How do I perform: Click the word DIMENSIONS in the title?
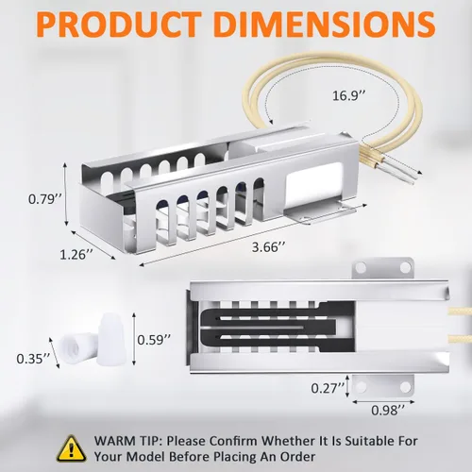click(x=326, y=25)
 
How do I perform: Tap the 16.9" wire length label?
click(x=349, y=95)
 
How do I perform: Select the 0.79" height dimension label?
click(x=45, y=199)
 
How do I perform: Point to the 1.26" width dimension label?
click(x=76, y=254)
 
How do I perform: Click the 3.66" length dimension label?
click(x=269, y=247)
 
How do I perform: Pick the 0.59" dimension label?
click(x=154, y=340)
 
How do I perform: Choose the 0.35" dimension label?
click(x=33, y=359)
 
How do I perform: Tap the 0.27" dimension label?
click(x=328, y=388)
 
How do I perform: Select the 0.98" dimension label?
click(x=388, y=410)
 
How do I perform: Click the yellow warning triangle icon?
click(x=72, y=449)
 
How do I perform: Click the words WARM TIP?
click(x=128, y=441)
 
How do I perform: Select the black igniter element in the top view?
click(x=277, y=327)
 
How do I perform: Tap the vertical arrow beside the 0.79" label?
click(x=65, y=194)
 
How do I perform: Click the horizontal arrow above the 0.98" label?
click(x=383, y=402)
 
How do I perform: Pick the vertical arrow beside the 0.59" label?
click(x=134, y=339)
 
